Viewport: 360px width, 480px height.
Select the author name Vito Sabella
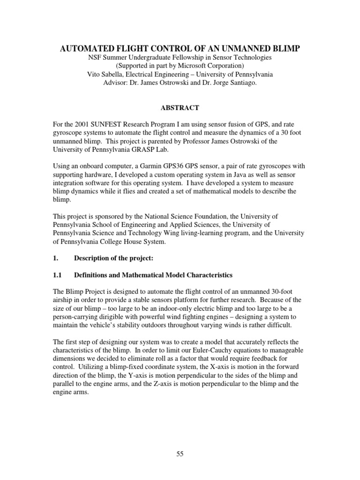click(x=107, y=74)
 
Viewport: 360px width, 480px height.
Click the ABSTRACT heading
click(x=180, y=108)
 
